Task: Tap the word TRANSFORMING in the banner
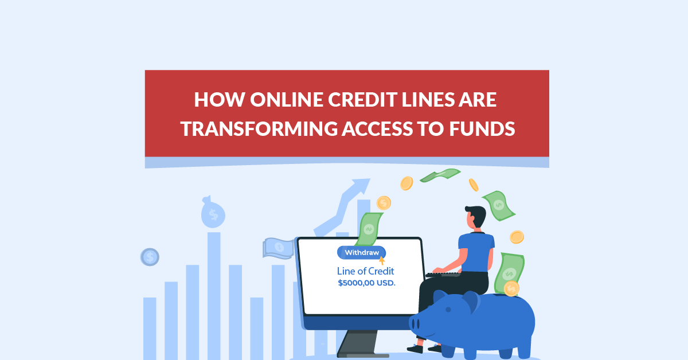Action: coord(261,129)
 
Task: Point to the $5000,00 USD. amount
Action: coord(366,283)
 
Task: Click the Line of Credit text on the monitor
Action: coord(366,271)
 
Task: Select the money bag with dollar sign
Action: coord(213,213)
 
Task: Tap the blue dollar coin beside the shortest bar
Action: coord(150,257)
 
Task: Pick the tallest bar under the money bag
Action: coord(214,292)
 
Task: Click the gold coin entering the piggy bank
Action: coord(511,288)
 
